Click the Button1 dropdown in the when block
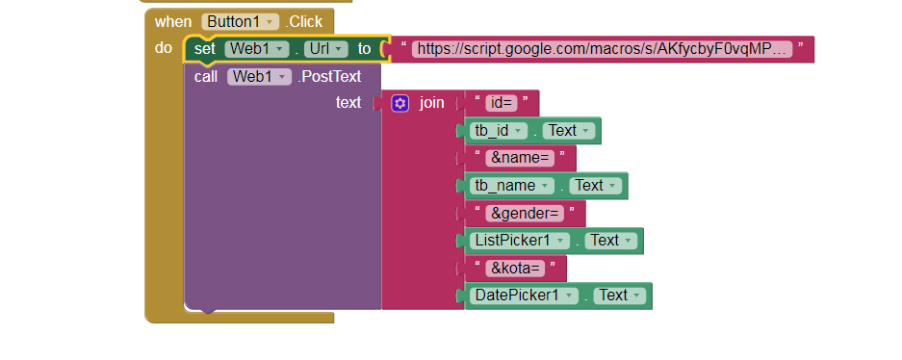(241, 21)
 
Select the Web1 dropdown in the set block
(257, 48)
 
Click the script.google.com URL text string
(602, 48)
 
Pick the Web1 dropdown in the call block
(259, 76)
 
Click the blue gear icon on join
(400, 103)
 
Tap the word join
(431, 103)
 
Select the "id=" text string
(501, 103)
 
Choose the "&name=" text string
(519, 158)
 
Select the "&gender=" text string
(524, 213)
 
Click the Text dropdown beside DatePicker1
(619, 296)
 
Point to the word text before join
(348, 103)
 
